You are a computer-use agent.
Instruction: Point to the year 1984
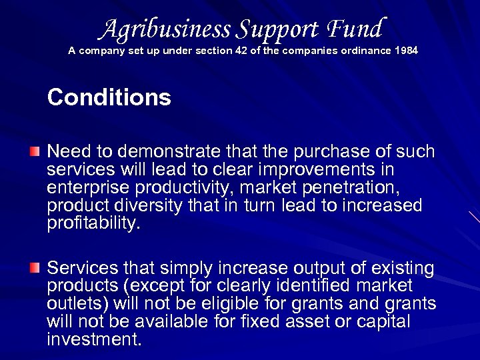pyautogui.click(x=406, y=51)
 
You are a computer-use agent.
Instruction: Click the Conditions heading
pyautogui.click(x=109, y=98)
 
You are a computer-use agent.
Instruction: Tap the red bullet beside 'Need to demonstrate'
pyautogui.click(x=35, y=151)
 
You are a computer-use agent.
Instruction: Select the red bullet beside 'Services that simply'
pyautogui.click(x=35, y=267)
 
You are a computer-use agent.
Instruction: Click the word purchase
pyautogui.click(x=312, y=151)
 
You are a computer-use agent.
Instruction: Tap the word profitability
pyautogui.click(x=94, y=223)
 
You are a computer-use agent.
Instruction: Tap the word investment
pyautogui.click(x=94, y=340)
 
